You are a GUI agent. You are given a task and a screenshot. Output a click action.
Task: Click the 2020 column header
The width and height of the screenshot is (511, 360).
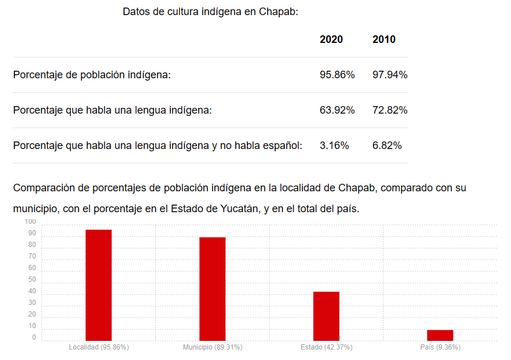tap(331, 39)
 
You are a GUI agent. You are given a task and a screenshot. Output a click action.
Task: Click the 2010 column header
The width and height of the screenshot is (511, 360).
tap(384, 39)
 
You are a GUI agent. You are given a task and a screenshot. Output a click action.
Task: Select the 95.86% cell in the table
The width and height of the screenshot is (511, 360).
tap(337, 75)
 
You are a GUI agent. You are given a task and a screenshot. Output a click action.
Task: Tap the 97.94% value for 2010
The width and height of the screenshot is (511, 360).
tap(389, 75)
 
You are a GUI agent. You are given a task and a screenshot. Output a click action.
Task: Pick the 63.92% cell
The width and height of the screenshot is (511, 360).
tap(337, 110)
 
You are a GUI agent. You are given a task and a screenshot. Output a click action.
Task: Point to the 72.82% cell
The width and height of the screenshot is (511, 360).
tap(389, 110)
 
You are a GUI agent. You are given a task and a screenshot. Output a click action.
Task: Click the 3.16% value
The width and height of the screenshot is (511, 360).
tap(334, 146)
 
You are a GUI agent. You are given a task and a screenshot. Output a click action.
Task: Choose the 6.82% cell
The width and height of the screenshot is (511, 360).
tap(386, 146)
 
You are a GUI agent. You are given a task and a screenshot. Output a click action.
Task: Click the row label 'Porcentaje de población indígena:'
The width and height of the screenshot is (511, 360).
tap(92, 75)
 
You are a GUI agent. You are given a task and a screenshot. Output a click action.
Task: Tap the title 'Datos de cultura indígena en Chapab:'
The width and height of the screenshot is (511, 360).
tap(210, 12)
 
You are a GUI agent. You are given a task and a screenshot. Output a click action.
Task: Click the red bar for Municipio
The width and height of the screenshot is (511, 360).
tap(213, 289)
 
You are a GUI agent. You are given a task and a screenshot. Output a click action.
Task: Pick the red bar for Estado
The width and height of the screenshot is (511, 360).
tap(326, 316)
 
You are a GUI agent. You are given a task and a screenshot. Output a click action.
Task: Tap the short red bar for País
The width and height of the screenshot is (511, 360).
tap(440, 335)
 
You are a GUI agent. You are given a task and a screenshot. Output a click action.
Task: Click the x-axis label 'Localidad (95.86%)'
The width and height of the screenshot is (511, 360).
tap(98, 347)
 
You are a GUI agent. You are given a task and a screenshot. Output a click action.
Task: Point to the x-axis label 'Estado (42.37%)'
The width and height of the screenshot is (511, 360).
tap(326, 347)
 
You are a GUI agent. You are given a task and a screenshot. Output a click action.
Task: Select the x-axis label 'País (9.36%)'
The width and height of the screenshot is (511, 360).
tap(440, 347)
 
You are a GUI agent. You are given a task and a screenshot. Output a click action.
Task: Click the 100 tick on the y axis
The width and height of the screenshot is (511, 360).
tap(30, 222)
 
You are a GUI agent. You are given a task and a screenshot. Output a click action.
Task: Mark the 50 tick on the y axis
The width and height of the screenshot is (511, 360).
tap(32, 280)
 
